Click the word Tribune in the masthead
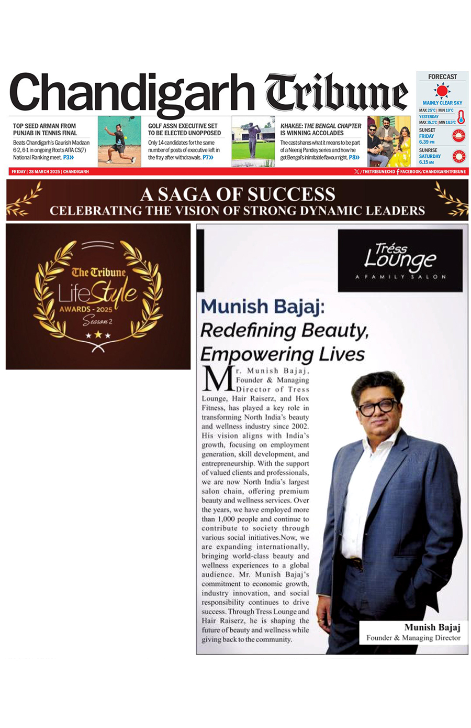pos(336,94)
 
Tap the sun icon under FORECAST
pos(442,91)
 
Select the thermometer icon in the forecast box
pos(461,117)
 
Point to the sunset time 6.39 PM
pos(427,142)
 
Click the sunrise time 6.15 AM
pos(427,162)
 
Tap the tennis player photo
pos(119,142)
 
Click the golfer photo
pos(253,142)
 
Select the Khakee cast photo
pos(389,142)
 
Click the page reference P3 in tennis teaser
pos(68,157)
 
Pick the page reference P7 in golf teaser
pos(208,157)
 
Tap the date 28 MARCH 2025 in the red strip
pos(44,171)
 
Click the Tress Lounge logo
pos(400,260)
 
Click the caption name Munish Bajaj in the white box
pos(432,627)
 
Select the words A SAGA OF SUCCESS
pos(238,194)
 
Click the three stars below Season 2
pos(98,335)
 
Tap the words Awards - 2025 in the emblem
pos(85,309)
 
